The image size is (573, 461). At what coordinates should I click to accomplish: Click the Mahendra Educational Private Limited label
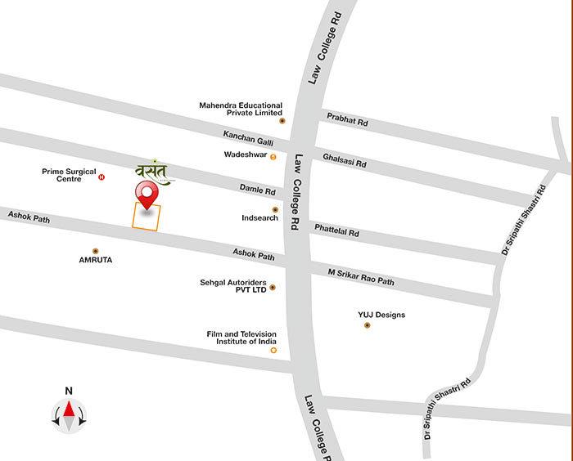241,110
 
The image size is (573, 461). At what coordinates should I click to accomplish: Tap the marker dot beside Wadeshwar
273,156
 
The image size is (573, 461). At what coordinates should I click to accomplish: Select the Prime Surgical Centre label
69,176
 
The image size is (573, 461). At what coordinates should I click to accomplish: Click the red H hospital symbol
102,177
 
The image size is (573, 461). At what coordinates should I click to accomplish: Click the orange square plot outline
147,217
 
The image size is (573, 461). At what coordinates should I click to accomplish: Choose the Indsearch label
259,218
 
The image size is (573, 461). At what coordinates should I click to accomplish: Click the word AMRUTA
96,260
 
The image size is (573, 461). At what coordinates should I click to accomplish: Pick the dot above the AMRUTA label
96,250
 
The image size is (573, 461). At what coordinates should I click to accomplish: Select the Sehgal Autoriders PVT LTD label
233,285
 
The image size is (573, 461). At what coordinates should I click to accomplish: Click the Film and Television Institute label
241,338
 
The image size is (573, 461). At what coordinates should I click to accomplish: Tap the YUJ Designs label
381,315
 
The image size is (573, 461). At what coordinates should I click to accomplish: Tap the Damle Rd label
259,190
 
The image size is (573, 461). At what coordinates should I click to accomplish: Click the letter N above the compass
70,391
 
